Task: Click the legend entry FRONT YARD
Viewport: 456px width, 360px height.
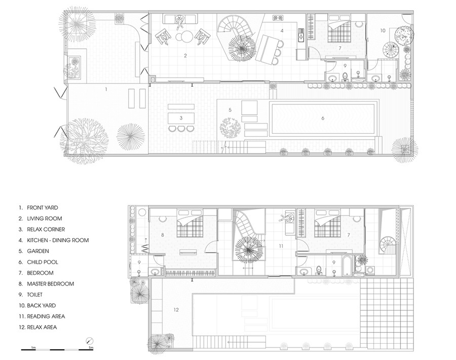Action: pos(43,208)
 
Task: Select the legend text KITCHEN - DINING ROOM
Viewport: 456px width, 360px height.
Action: pos(58,240)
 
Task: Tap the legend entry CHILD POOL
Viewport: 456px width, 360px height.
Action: pos(43,262)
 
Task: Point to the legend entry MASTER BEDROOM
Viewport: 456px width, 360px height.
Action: pos(50,284)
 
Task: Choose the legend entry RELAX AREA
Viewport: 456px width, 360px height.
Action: pos(42,328)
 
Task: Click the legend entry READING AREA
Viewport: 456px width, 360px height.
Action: pos(46,316)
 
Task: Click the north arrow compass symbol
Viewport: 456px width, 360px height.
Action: pos(90,341)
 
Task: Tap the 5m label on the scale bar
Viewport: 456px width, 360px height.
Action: pos(91,347)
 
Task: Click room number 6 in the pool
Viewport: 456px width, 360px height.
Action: pos(323,118)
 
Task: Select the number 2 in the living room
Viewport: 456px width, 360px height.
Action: pos(185,56)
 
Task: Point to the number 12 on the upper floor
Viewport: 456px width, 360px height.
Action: pos(176,310)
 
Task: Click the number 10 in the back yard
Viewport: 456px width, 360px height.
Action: pos(383,30)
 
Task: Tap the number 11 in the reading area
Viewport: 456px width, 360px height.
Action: pos(281,246)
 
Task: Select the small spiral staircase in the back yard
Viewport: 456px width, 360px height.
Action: pos(391,50)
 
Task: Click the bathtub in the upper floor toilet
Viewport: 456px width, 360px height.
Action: pos(347,266)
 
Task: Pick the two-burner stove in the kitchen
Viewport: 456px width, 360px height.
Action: pos(278,18)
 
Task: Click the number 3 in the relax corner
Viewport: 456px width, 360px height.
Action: pos(181,118)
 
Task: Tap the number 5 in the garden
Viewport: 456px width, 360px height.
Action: pos(230,110)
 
